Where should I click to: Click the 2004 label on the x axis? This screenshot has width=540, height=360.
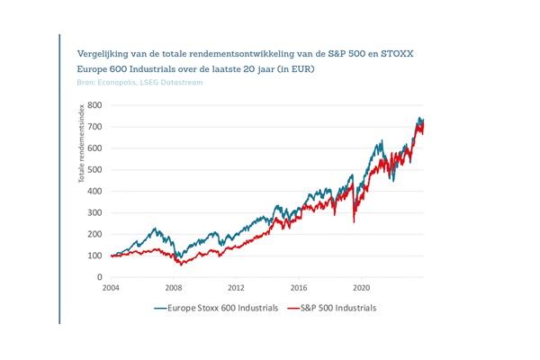point(111,289)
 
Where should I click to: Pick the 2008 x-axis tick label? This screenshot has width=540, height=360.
point(174,289)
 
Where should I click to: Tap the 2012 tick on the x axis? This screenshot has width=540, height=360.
point(236,289)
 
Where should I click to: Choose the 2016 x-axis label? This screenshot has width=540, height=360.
point(299,289)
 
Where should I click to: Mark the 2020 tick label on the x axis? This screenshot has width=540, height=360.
point(361,289)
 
